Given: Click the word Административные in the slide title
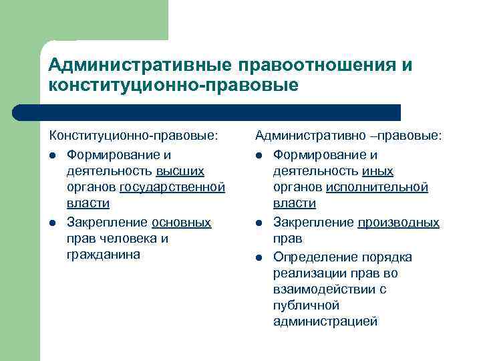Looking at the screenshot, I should click(x=137, y=65).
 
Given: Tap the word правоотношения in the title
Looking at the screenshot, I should click(x=314, y=65).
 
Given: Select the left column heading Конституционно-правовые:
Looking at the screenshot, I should click(x=134, y=136).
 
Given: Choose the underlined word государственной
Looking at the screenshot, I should click(x=172, y=187).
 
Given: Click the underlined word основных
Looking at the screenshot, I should click(x=181, y=223).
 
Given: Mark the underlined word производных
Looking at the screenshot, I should click(x=398, y=223).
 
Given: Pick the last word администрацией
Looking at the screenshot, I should click(x=325, y=322).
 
